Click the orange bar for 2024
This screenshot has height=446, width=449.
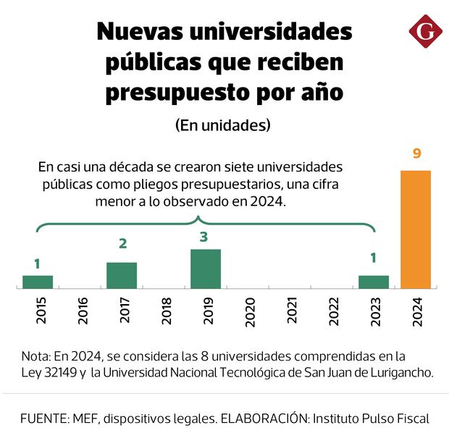(416, 230)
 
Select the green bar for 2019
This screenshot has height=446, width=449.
(206, 269)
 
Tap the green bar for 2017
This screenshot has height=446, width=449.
(122, 276)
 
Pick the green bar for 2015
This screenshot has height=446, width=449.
(38, 282)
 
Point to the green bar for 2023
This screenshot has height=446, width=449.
(374, 282)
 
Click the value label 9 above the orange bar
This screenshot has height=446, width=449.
(416, 153)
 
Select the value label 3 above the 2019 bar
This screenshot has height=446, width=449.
(206, 237)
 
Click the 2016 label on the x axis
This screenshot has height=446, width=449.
(80, 311)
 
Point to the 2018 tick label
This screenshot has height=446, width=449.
(164, 311)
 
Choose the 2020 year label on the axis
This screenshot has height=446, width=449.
(248, 311)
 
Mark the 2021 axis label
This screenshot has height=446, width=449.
(290, 311)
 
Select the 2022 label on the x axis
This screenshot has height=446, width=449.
(332, 311)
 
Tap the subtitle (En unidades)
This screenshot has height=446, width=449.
(223, 125)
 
